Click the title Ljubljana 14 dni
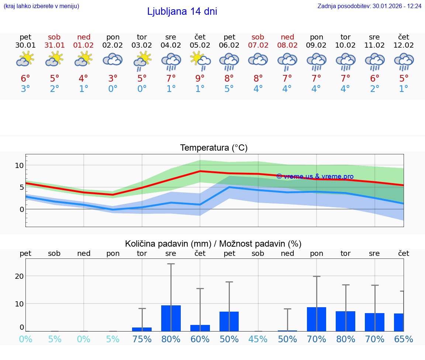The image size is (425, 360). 182,11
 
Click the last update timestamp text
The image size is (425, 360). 369,6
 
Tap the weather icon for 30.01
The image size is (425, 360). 25,59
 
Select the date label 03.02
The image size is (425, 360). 142,45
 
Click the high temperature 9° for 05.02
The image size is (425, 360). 200,79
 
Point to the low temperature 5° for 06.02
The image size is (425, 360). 229,89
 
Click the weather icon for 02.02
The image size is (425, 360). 113,59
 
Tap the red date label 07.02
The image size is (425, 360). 258,45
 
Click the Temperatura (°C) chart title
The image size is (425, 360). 214,148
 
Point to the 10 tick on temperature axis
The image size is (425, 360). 19,165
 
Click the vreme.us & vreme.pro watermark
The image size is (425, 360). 315,176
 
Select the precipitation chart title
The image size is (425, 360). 213,244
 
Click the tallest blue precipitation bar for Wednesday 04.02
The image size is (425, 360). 171,318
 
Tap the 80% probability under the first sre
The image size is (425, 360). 171,339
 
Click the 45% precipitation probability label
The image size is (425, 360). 258,339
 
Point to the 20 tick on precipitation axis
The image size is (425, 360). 19,276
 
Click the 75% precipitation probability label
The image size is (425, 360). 142,339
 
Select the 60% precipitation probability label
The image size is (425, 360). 200,339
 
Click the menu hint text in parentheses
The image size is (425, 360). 41,6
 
